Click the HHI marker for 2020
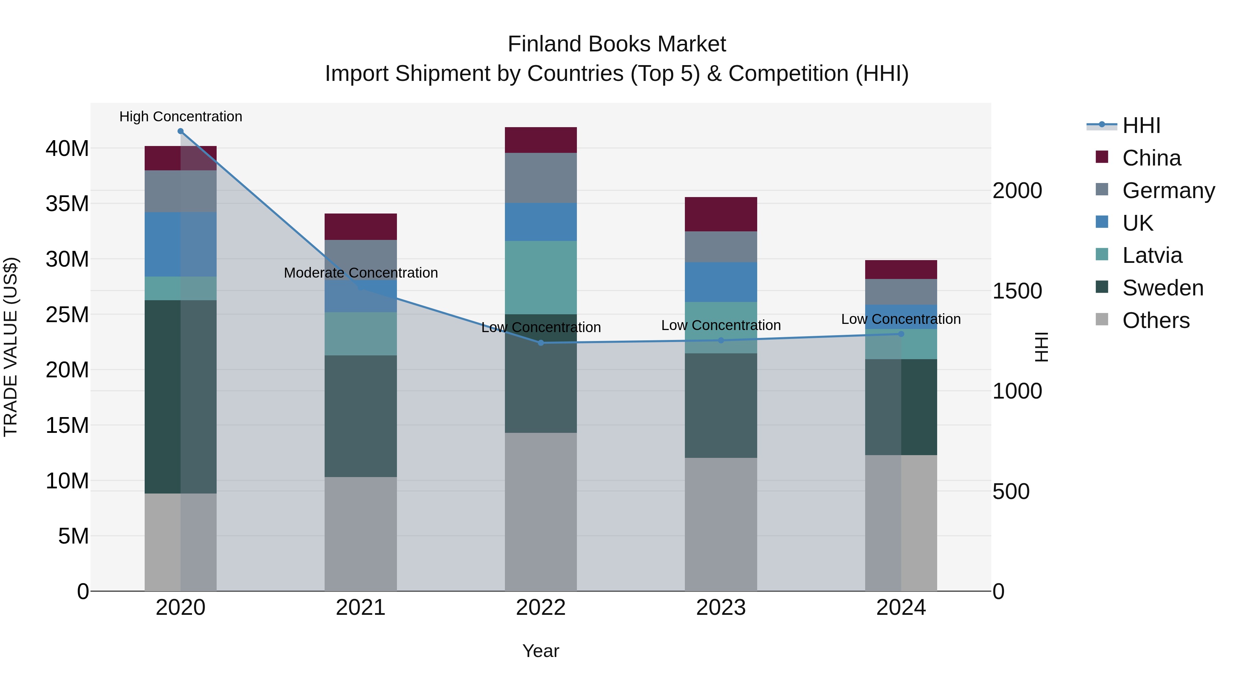click(181, 131)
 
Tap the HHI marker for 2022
click(541, 343)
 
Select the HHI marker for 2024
click(901, 334)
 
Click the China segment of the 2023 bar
click(721, 214)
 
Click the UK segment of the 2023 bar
click(721, 282)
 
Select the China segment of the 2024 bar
click(901, 270)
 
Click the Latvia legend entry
click(1152, 255)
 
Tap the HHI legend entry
click(1141, 125)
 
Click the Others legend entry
click(1156, 320)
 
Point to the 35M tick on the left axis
click(67, 204)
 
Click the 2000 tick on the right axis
click(1017, 191)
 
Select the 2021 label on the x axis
click(361, 608)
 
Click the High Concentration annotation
click(181, 117)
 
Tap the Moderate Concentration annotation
click(361, 272)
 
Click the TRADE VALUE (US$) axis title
click(11, 347)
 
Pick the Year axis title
click(541, 651)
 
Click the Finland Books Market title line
click(617, 44)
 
